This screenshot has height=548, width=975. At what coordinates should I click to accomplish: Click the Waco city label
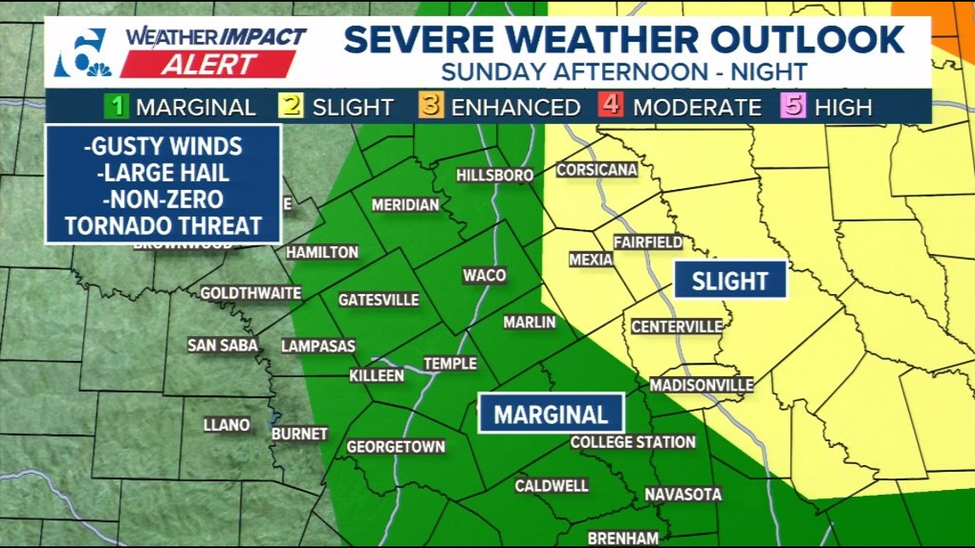click(x=484, y=275)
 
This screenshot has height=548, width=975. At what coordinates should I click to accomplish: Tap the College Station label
click(x=632, y=442)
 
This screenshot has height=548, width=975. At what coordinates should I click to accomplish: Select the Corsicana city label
click(x=597, y=169)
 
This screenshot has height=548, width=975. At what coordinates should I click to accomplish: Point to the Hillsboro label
click(x=495, y=175)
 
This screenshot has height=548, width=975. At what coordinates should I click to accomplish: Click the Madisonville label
click(x=701, y=385)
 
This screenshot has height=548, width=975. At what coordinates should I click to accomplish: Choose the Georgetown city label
click(x=395, y=446)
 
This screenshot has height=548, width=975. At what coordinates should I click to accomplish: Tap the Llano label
click(x=227, y=425)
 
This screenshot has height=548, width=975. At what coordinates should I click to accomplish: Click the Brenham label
click(x=623, y=539)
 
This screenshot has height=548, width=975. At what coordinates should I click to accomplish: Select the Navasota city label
click(x=682, y=494)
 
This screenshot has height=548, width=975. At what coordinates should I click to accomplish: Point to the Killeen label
click(x=376, y=376)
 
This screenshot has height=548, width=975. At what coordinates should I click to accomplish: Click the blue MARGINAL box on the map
click(x=551, y=415)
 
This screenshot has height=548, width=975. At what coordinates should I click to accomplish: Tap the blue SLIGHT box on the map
click(x=730, y=280)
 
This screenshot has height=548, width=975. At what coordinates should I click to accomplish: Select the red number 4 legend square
click(x=612, y=107)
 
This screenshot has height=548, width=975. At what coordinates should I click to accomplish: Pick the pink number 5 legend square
click(x=794, y=107)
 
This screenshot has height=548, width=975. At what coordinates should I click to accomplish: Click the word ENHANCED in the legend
click(x=516, y=108)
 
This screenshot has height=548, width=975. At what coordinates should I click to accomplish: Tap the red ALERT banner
click(x=209, y=64)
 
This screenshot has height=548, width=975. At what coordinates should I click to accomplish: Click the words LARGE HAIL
click(x=163, y=173)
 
